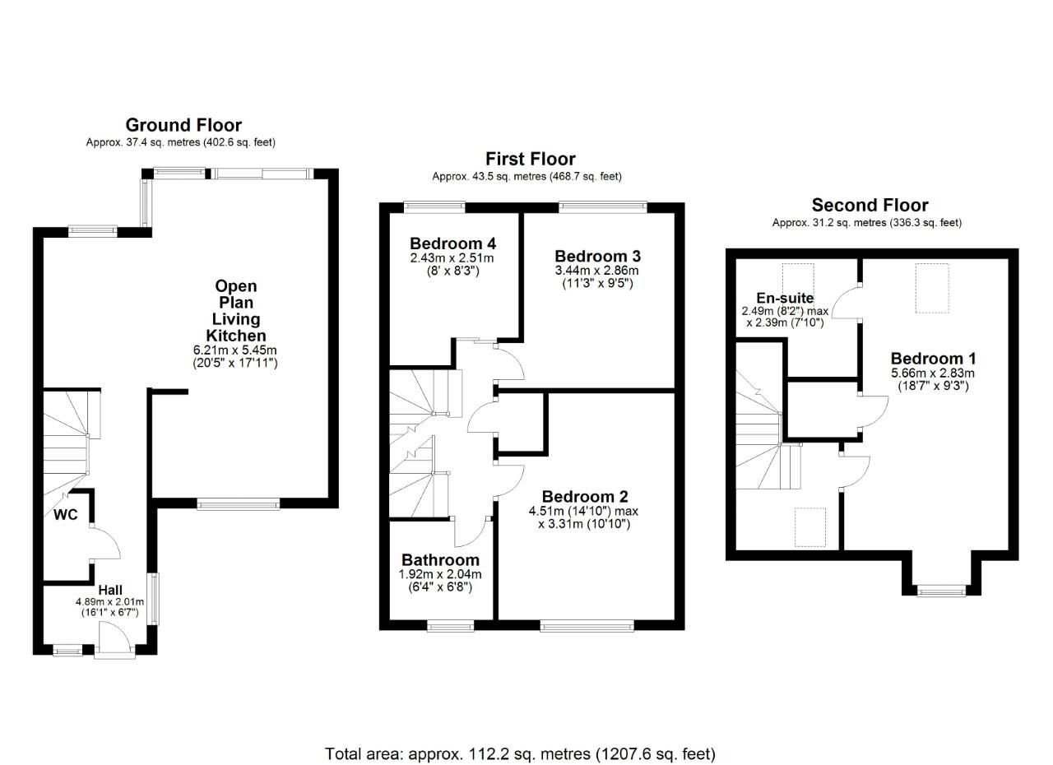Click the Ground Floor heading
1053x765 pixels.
183,125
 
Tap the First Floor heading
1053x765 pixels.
530,159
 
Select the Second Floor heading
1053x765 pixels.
870,205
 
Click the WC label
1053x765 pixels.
66,516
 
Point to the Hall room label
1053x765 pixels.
110,591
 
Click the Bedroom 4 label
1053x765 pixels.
452,243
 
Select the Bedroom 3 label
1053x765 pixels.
597,256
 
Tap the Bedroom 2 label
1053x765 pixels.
584,497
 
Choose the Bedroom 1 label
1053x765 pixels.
933,359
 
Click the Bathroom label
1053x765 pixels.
440,561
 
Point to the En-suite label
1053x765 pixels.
784,298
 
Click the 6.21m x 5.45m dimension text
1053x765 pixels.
235,350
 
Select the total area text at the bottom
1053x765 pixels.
520,753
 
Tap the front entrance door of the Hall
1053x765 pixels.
114,641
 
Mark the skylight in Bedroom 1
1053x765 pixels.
933,288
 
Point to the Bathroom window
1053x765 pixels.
451,627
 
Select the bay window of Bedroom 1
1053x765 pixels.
942,590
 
